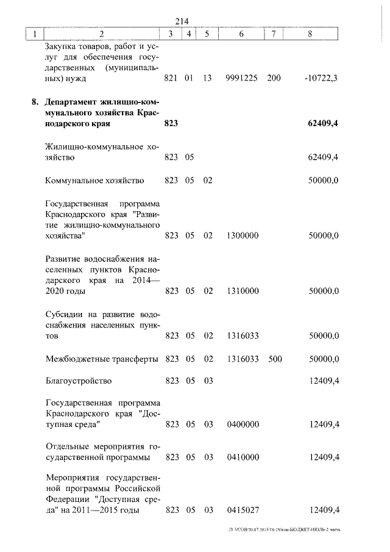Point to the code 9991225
point(241,79)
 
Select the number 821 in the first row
point(172,79)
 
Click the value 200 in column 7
point(274,79)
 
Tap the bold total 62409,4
point(323,124)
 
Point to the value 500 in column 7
point(274,359)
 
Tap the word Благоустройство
point(79,382)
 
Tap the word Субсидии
point(66,314)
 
